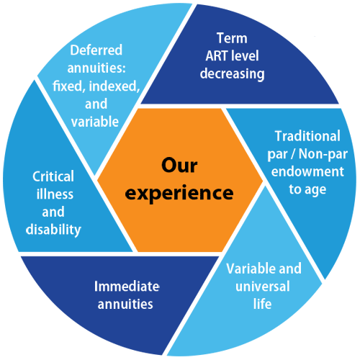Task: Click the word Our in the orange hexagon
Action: (x=179, y=165)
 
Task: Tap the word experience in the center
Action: (x=179, y=193)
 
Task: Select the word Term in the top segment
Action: (x=232, y=38)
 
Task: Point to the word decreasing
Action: (x=232, y=74)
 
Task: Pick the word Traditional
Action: (x=307, y=136)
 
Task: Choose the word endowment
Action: (x=307, y=171)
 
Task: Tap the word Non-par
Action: (x=323, y=154)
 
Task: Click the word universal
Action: (x=263, y=287)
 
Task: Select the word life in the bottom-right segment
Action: (x=262, y=304)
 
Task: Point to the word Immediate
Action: (x=127, y=287)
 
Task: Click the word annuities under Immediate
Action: (x=125, y=304)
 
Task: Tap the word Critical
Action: (x=53, y=176)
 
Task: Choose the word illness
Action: (x=55, y=194)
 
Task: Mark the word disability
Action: (x=53, y=230)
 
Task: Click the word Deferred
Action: (x=96, y=50)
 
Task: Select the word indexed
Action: (x=114, y=86)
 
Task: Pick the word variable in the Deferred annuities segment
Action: (x=95, y=122)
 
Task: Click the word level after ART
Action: (x=243, y=56)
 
